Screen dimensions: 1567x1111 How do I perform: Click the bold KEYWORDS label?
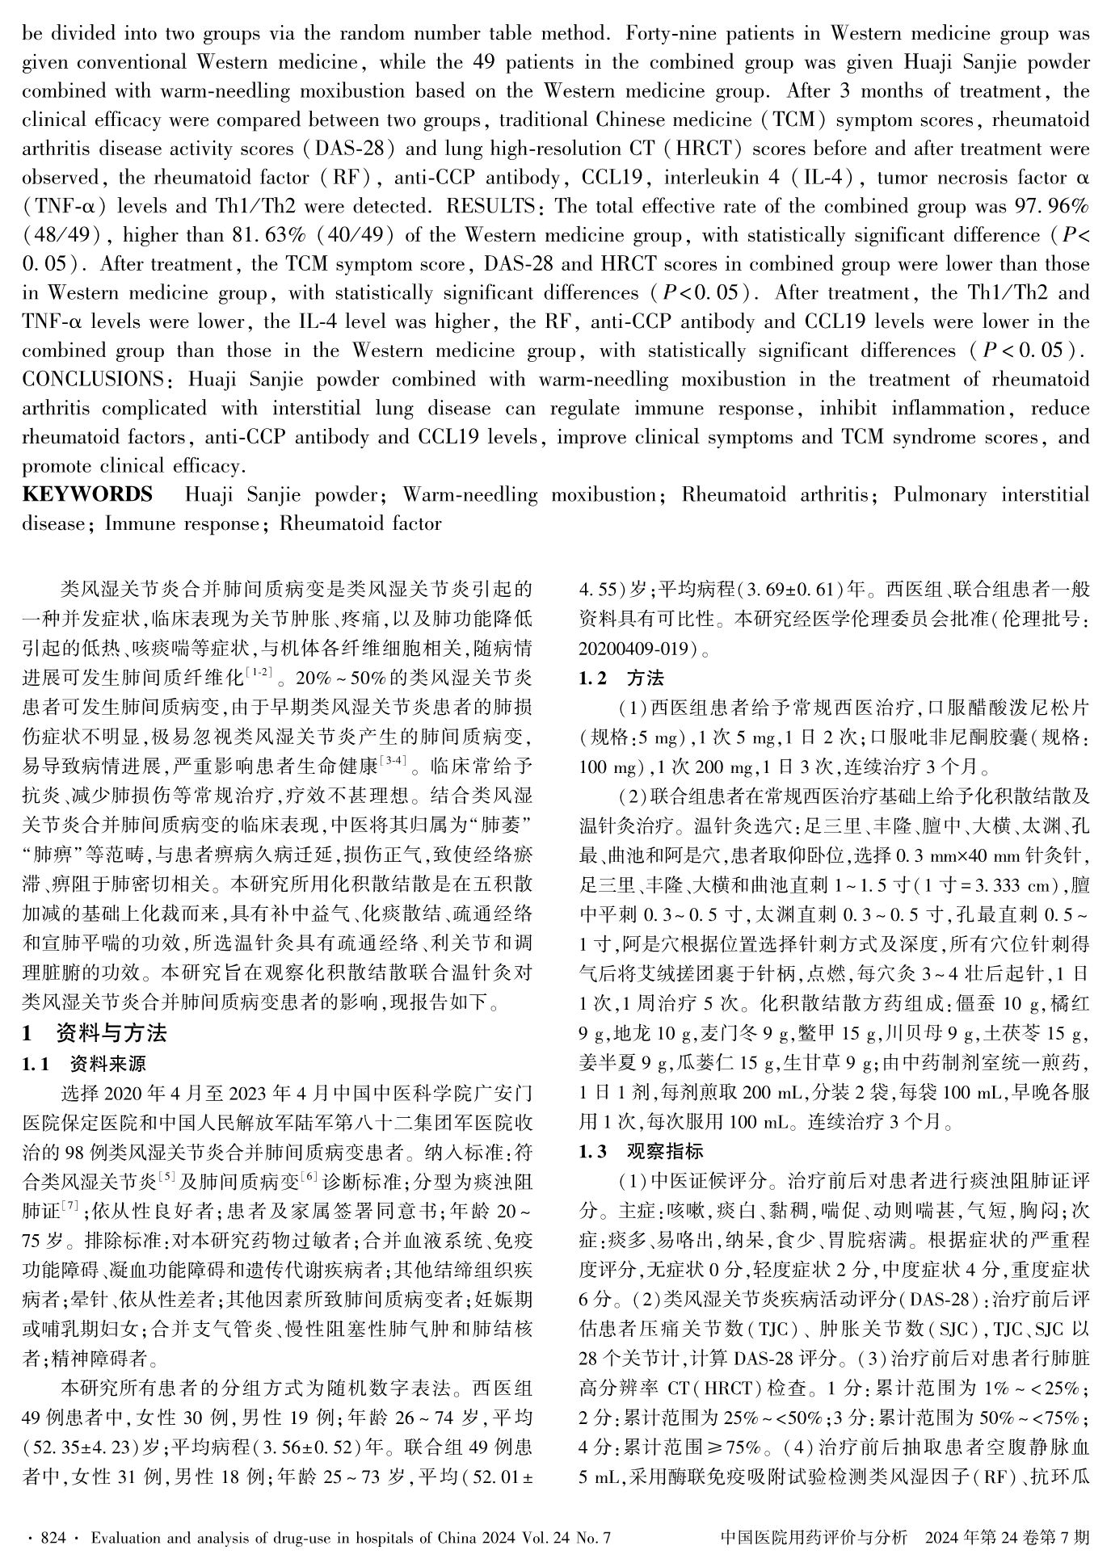pos(86,494)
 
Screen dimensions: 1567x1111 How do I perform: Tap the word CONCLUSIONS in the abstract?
pos(91,380)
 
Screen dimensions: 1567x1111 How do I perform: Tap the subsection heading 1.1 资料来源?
pos(84,1064)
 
